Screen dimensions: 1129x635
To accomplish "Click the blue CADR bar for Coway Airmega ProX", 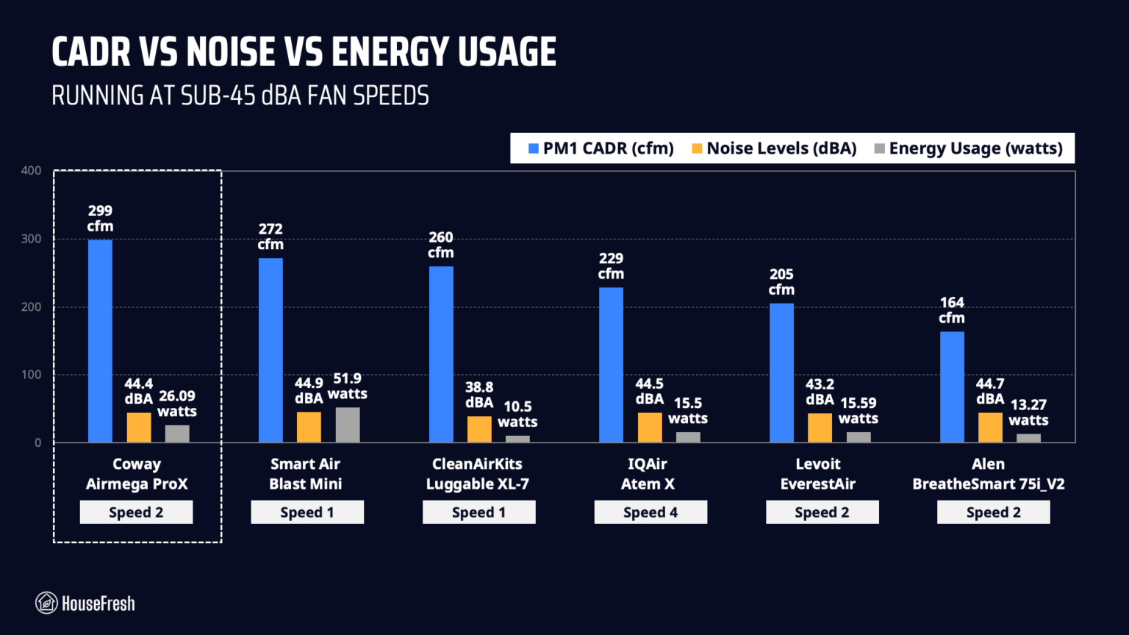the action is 100,341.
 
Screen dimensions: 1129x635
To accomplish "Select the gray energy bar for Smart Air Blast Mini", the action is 348,425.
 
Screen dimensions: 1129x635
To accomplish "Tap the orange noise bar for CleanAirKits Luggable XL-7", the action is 479,429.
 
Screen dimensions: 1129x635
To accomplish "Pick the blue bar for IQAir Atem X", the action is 611,365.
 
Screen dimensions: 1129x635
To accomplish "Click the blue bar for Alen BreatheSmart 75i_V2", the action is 952,387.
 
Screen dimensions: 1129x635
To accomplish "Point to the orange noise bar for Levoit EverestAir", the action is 820,428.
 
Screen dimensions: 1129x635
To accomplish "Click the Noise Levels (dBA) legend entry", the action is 774,148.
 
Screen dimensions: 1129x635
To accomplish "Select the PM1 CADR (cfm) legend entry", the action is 601,148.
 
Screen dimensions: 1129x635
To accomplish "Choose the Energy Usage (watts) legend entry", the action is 968,148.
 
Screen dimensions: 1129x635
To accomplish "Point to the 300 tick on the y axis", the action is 32,239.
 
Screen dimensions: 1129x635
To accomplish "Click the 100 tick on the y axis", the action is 32,374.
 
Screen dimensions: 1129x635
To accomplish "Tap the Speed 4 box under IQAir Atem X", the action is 650,512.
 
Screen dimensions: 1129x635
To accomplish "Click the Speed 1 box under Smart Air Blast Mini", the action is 307,512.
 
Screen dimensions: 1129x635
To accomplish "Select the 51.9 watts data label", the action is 348,386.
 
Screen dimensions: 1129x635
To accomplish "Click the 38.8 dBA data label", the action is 479,395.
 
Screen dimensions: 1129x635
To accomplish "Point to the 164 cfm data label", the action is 952,310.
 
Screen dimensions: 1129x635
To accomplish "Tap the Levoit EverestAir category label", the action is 818,474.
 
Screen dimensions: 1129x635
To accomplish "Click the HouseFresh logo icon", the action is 46,603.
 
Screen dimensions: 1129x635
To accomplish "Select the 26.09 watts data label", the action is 177,403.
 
